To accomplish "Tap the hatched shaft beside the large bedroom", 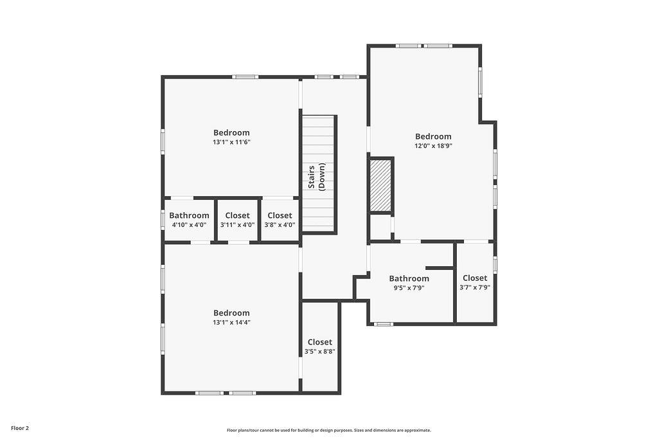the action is click(381, 185).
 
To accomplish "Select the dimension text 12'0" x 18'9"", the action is click(434, 146).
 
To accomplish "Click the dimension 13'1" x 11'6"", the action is click(231, 142).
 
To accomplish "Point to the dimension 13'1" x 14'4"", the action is click(231, 323).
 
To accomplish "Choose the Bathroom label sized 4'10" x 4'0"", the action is click(190, 215).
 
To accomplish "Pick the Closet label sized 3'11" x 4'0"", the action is click(238, 215).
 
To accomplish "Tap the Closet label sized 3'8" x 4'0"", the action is click(280, 215).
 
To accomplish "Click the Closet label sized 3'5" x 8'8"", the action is click(320, 342).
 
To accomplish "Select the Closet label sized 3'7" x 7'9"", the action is click(475, 278).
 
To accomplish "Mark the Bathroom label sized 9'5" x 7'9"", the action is click(409, 278).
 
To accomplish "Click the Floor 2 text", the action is click(20, 429).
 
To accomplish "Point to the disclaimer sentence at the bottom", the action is click(329, 430).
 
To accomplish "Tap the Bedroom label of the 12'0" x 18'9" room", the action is click(434, 136).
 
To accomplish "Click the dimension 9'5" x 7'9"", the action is click(409, 288).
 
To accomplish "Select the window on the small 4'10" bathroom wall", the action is click(163, 220).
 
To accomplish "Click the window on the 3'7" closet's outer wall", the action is click(495, 265).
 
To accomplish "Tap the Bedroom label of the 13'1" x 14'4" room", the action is click(231, 313).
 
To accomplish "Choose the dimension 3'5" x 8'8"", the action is click(320, 352).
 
